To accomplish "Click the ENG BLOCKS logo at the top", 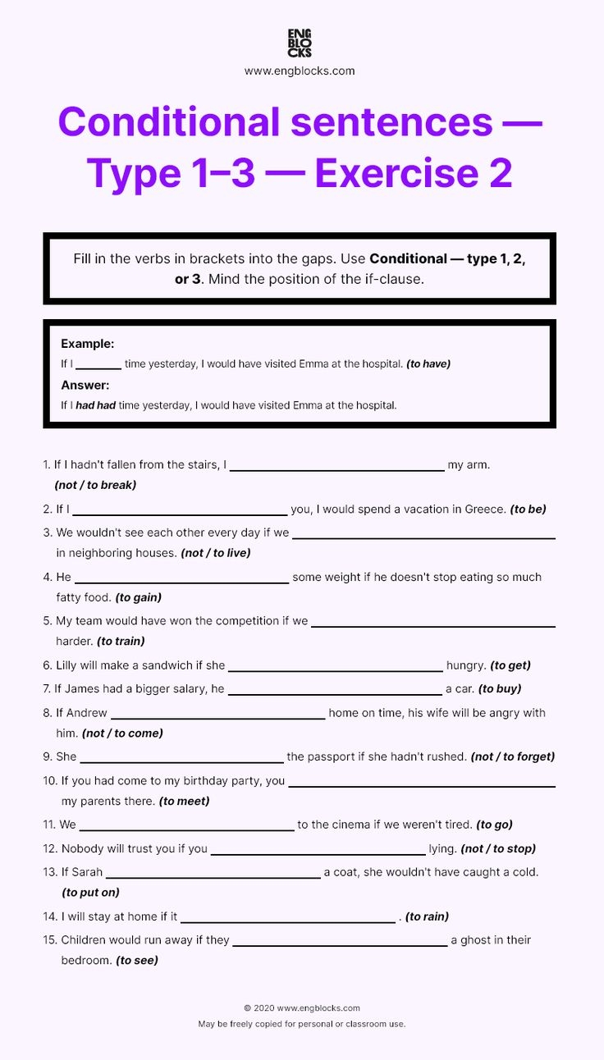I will point(300,43).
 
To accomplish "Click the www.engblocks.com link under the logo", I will point(300,71).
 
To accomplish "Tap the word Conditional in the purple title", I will point(169,122).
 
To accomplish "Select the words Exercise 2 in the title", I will point(413,173).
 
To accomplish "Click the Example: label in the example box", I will point(88,344).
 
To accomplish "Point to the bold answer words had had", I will point(95,405).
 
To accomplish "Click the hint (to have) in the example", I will point(428,363).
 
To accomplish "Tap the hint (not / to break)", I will point(95,485).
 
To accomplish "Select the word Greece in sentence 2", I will point(485,509).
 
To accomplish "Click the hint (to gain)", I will point(138,597).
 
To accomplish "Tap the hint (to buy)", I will point(499,689).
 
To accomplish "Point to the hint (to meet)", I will point(184,801).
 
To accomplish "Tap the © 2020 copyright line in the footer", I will point(301,1008).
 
